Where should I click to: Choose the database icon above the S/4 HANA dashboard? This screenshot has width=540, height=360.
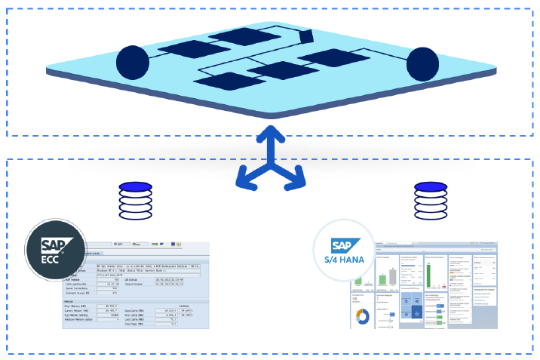point(428,198)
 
